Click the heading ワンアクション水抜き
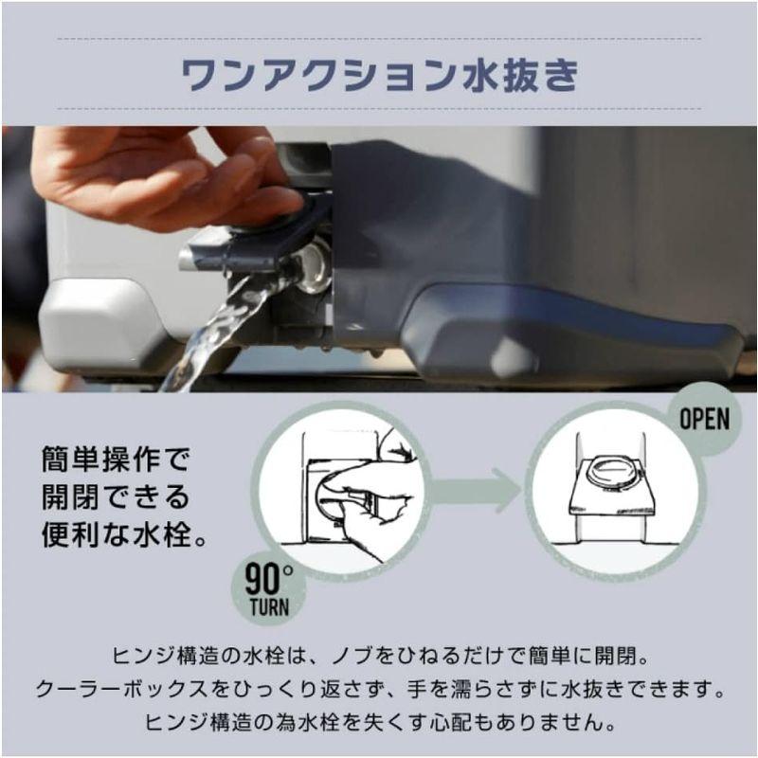(x=379, y=75)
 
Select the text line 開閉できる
(x=116, y=496)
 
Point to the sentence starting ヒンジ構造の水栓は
(x=379, y=656)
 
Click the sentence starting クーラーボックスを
(x=379, y=688)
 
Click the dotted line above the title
(x=379, y=39)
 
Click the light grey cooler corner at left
(x=95, y=322)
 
